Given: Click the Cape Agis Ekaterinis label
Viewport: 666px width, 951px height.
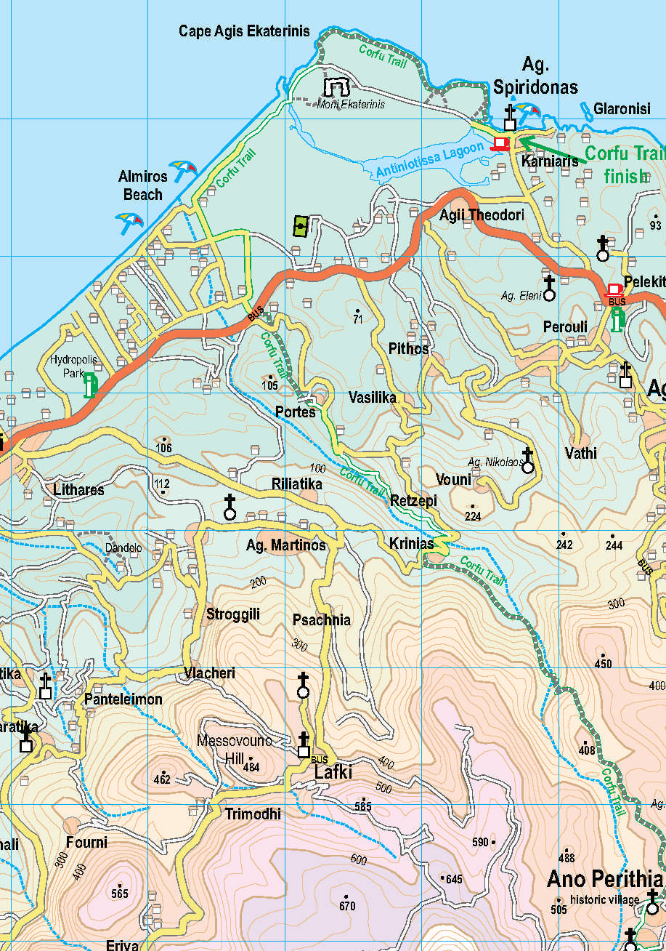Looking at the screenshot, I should click(244, 31).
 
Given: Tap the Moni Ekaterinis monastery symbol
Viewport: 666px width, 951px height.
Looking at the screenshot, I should click(336, 88).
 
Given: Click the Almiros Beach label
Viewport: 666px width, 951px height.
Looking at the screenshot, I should click(143, 185).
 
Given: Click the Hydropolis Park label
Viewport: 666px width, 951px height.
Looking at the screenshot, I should click(73, 366).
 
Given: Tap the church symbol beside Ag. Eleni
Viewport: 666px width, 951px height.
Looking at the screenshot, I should click(550, 287).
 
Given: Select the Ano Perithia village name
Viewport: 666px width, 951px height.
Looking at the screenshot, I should click(604, 878).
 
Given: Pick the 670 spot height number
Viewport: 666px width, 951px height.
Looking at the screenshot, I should click(347, 906).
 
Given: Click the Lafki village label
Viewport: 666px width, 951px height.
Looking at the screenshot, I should click(333, 772).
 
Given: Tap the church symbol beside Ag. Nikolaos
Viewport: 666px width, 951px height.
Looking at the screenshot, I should click(528, 461).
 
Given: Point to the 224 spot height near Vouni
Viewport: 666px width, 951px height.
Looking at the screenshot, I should click(473, 516).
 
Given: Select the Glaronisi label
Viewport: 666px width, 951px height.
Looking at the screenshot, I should click(622, 109).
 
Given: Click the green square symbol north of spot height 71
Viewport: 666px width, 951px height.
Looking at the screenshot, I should click(301, 227).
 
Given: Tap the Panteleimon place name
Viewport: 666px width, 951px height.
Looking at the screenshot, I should click(123, 699).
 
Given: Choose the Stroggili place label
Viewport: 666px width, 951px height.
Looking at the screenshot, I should click(232, 614).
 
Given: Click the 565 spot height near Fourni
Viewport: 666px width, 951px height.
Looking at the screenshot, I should click(119, 893).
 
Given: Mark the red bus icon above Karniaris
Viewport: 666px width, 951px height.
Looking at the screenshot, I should click(500, 143).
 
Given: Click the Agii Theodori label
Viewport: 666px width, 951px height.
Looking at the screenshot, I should click(482, 215).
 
